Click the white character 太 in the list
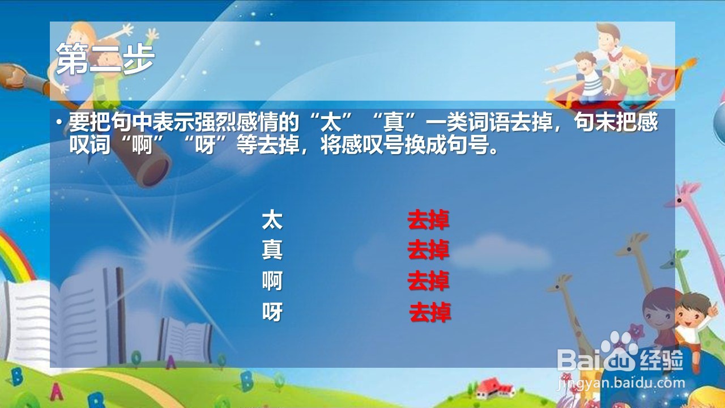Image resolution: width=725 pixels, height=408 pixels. point(272,220)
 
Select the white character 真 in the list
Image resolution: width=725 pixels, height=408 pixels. point(272,249)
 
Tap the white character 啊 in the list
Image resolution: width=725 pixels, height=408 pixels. point(272,280)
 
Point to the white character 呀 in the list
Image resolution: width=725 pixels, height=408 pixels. point(272,311)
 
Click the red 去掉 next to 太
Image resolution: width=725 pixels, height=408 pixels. point(428,220)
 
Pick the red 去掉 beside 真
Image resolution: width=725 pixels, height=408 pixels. point(428,250)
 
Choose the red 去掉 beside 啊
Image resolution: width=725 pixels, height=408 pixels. point(428,280)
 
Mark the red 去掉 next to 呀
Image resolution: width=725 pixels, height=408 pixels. point(430,312)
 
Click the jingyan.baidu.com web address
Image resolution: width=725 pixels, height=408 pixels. point(621,383)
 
